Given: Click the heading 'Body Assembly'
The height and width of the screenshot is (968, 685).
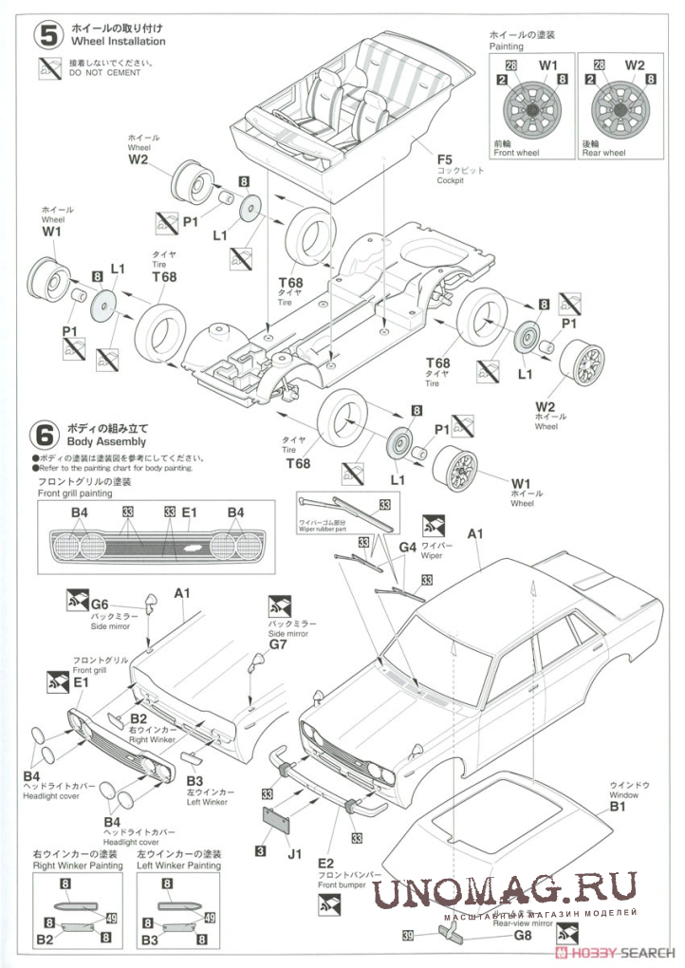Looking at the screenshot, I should coord(106,442).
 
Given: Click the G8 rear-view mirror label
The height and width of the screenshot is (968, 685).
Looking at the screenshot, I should coord(523,935).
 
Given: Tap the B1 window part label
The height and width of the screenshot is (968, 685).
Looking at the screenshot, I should coord(617,808).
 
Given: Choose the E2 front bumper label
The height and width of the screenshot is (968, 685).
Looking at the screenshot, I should coord(326,863).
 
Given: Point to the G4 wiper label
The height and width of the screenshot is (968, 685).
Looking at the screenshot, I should coord(408,547).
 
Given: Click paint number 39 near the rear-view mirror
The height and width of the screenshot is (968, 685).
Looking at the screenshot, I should coord(407,936).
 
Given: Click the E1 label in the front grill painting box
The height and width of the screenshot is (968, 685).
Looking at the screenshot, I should coord(190,513).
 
